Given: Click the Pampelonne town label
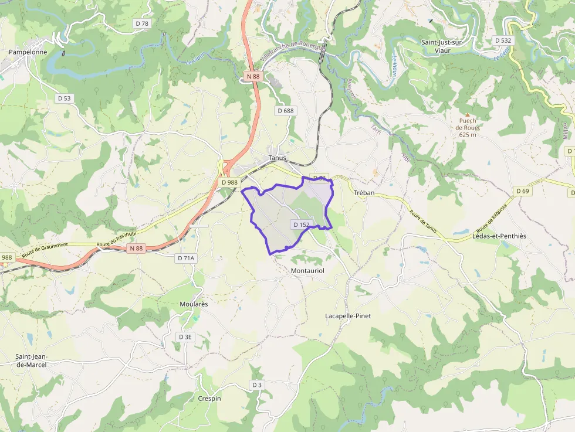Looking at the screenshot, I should (x=28, y=52).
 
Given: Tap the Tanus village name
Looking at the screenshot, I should (x=277, y=158).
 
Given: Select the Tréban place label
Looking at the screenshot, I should (x=364, y=193).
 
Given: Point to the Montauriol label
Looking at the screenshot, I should (x=307, y=271).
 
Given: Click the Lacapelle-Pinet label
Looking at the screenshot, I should (x=348, y=316).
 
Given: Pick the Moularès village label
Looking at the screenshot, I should (x=194, y=304).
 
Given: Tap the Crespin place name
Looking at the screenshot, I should (x=209, y=399).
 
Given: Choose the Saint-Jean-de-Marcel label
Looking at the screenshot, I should (x=31, y=360).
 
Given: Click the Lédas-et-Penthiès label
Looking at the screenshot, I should (x=499, y=236).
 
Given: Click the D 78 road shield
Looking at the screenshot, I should (x=142, y=23).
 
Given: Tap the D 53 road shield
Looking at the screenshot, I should (x=64, y=98).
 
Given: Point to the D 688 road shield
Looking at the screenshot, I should (x=285, y=110).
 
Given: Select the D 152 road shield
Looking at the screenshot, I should (x=300, y=224).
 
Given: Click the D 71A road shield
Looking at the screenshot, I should (x=186, y=258).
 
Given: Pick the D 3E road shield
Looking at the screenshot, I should (x=185, y=337).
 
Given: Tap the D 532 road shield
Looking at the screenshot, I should (x=503, y=40).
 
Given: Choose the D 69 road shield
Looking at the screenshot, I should (x=523, y=191).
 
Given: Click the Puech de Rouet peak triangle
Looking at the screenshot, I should (x=468, y=114).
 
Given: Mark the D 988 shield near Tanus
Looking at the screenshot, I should (x=230, y=182).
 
